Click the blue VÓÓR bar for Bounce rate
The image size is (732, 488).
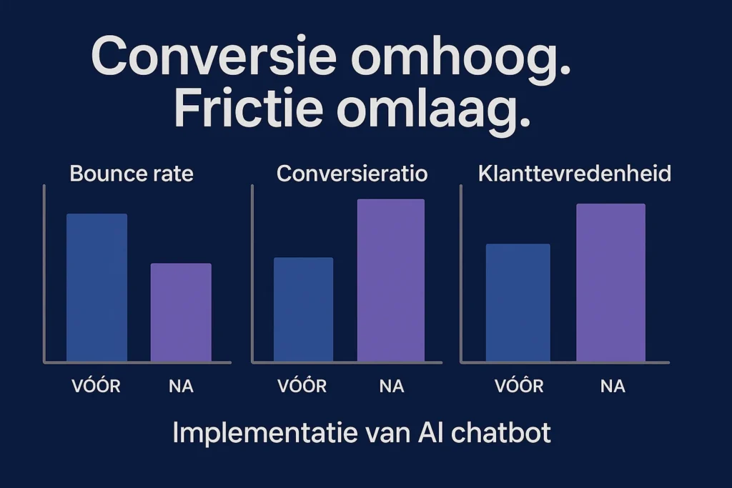(97, 287)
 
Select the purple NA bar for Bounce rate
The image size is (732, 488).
(181, 312)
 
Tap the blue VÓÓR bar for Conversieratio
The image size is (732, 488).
(303, 309)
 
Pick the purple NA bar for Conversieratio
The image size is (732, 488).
(390, 280)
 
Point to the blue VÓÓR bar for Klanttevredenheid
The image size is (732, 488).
(518, 302)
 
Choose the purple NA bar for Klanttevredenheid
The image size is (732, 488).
(610, 282)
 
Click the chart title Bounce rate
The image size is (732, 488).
(132, 174)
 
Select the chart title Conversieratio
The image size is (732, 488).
(352, 174)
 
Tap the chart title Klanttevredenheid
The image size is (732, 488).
(574, 174)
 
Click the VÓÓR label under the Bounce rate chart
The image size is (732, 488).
(96, 387)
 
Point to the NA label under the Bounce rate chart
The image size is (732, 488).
(181, 387)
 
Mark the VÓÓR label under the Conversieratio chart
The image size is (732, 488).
(302, 387)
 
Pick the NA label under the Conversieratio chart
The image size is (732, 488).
(391, 387)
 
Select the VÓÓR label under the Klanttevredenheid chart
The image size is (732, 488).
(519, 387)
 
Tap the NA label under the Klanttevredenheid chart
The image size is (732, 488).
(613, 387)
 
